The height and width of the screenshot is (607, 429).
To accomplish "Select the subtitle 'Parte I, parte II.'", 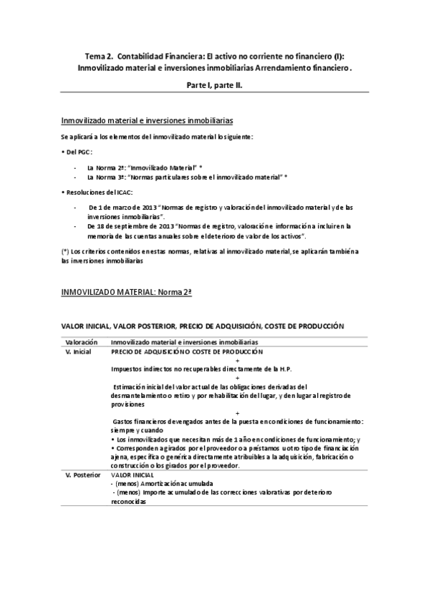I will coord(214,85).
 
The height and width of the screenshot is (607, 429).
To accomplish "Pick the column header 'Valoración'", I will coord(81,343).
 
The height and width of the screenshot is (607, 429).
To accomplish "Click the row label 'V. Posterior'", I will coord(81,475).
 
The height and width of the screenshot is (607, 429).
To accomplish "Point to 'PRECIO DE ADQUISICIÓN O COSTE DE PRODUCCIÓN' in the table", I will coord(186,352).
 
